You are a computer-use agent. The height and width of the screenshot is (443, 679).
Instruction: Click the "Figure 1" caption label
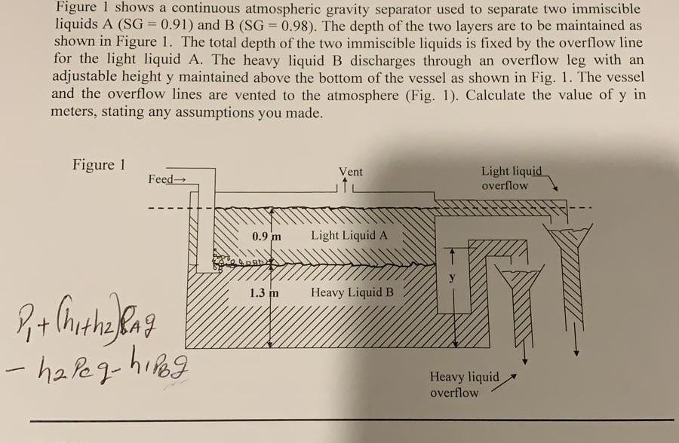[99, 165]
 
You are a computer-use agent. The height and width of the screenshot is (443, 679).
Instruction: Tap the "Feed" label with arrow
[167, 179]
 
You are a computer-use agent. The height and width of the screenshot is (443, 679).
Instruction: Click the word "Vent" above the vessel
[351, 172]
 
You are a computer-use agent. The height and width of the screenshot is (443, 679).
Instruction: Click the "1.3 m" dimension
[266, 292]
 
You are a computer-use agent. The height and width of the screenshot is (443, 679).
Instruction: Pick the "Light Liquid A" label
[349, 235]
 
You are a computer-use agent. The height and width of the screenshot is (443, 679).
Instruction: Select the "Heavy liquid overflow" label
[465, 384]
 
